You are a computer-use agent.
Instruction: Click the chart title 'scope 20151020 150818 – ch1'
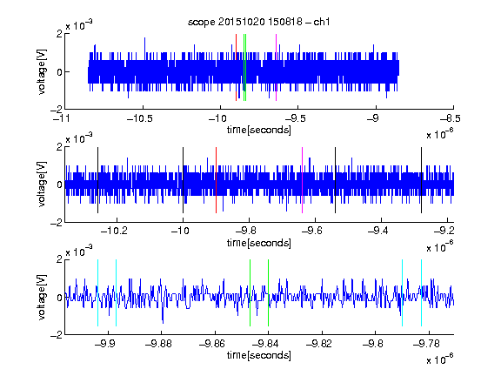tap(258, 22)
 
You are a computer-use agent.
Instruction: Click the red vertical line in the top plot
tap(236, 68)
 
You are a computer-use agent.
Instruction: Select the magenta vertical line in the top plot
tap(276, 68)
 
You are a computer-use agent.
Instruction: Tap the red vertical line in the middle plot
tap(216, 180)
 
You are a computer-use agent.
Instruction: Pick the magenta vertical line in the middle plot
tap(303, 180)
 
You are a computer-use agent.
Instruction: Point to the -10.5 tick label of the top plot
tap(140, 118)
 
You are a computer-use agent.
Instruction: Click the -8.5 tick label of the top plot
tap(451, 118)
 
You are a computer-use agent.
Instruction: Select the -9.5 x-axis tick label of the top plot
tap(296, 118)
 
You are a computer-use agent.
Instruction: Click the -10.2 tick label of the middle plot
tap(114, 231)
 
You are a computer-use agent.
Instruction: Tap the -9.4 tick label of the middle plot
tap(378, 231)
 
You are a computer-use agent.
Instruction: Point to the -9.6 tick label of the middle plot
tap(312, 231)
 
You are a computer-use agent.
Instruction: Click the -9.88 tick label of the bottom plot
tap(158, 344)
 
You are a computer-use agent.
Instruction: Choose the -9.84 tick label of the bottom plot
tap(265, 344)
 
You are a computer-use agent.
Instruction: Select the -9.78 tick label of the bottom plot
tap(426, 344)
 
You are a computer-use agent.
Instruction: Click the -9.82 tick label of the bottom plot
tap(319, 344)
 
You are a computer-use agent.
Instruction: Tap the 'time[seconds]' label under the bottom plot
tap(259, 355)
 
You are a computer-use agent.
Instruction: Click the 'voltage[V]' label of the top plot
tap(42, 71)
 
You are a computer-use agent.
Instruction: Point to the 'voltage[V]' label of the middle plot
tap(42, 184)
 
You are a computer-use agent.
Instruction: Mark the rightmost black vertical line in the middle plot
tap(421, 180)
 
